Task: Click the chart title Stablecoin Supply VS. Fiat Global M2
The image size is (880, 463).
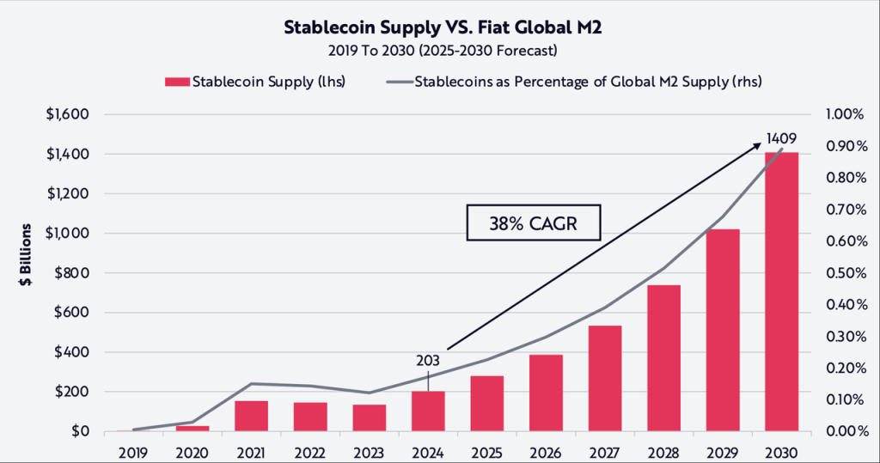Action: (x=439, y=27)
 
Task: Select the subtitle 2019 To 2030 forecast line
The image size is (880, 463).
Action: (x=439, y=51)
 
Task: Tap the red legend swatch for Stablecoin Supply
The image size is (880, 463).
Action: (x=176, y=82)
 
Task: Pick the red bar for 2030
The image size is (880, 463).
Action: (x=781, y=292)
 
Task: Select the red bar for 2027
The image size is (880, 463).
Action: (x=604, y=379)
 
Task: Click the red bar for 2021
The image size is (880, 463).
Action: (x=251, y=417)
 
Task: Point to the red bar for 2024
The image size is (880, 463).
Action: (x=427, y=411)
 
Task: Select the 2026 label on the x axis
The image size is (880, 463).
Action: (x=546, y=452)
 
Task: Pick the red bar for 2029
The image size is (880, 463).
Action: (x=723, y=331)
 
